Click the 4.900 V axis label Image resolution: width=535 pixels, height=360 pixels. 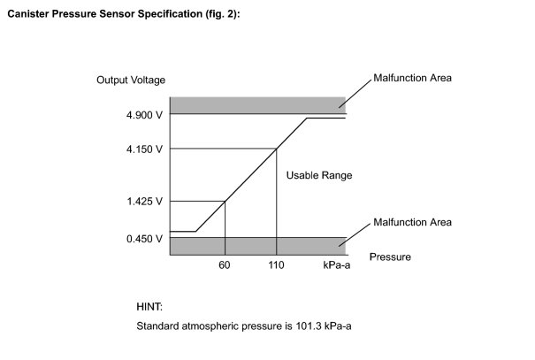coord(144,115)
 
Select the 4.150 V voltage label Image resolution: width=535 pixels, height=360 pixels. coord(144,149)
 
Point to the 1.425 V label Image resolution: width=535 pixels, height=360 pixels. coord(145,202)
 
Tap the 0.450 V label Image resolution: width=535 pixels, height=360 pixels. coord(144,239)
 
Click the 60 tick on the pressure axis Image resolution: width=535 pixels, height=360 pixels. coord(224,265)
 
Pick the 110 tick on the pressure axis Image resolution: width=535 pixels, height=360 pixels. coord(276,265)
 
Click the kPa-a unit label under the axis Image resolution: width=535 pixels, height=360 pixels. coord(336,265)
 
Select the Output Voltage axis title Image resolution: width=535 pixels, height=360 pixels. coord(131,80)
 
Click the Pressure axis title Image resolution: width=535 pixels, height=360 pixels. coord(390,257)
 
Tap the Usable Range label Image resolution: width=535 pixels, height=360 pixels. coord(319,175)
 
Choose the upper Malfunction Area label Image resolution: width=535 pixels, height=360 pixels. coord(412,78)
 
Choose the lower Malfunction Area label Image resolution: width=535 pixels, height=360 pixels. coord(412,222)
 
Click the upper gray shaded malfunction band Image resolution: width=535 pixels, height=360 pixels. coord(258,105)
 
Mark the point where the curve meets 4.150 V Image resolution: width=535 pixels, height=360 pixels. coord(277,149)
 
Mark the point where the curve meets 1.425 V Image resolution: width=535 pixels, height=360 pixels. coord(225,202)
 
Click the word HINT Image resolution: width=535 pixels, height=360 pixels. coord(149,307)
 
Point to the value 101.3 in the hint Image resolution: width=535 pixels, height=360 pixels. coord(309,326)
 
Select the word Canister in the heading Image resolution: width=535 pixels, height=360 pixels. coord(28,14)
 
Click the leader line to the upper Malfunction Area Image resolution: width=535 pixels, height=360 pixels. coord(355,94)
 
